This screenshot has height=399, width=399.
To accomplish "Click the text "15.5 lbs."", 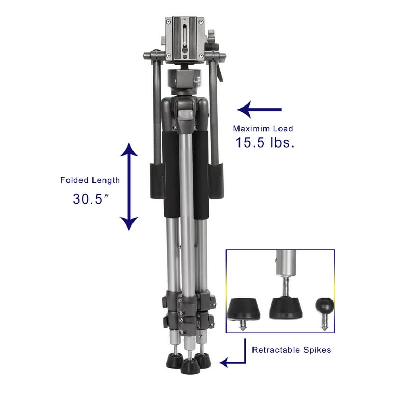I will click(265, 143).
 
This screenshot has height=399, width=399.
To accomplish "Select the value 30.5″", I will click(90, 198).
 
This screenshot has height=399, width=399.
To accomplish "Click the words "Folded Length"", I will click(90, 180).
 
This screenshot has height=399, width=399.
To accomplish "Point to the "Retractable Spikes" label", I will click(291, 350).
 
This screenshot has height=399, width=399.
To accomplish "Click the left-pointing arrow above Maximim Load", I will click(259, 110).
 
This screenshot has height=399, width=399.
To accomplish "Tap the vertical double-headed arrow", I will click(129, 187).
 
